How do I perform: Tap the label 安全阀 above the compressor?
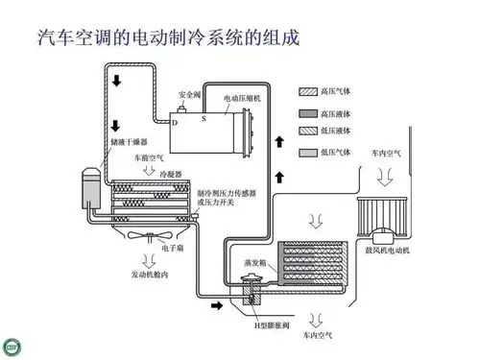coord(188,94)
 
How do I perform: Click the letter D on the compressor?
coord(175,123)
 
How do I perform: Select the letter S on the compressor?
coord(203,116)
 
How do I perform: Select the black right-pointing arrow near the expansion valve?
coord(219,306)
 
